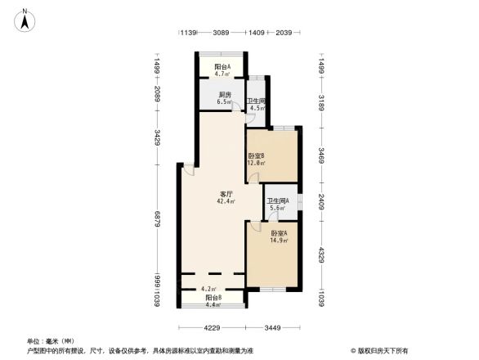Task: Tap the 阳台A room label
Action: click(222, 67)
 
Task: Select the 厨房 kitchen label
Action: click(223, 94)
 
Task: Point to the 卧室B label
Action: click(256, 155)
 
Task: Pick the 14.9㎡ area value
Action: click(279, 241)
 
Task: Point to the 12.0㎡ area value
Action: click(256, 163)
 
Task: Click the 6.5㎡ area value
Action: click(223, 101)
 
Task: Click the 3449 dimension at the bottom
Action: click(273, 328)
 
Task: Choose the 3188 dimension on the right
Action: click(322, 101)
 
